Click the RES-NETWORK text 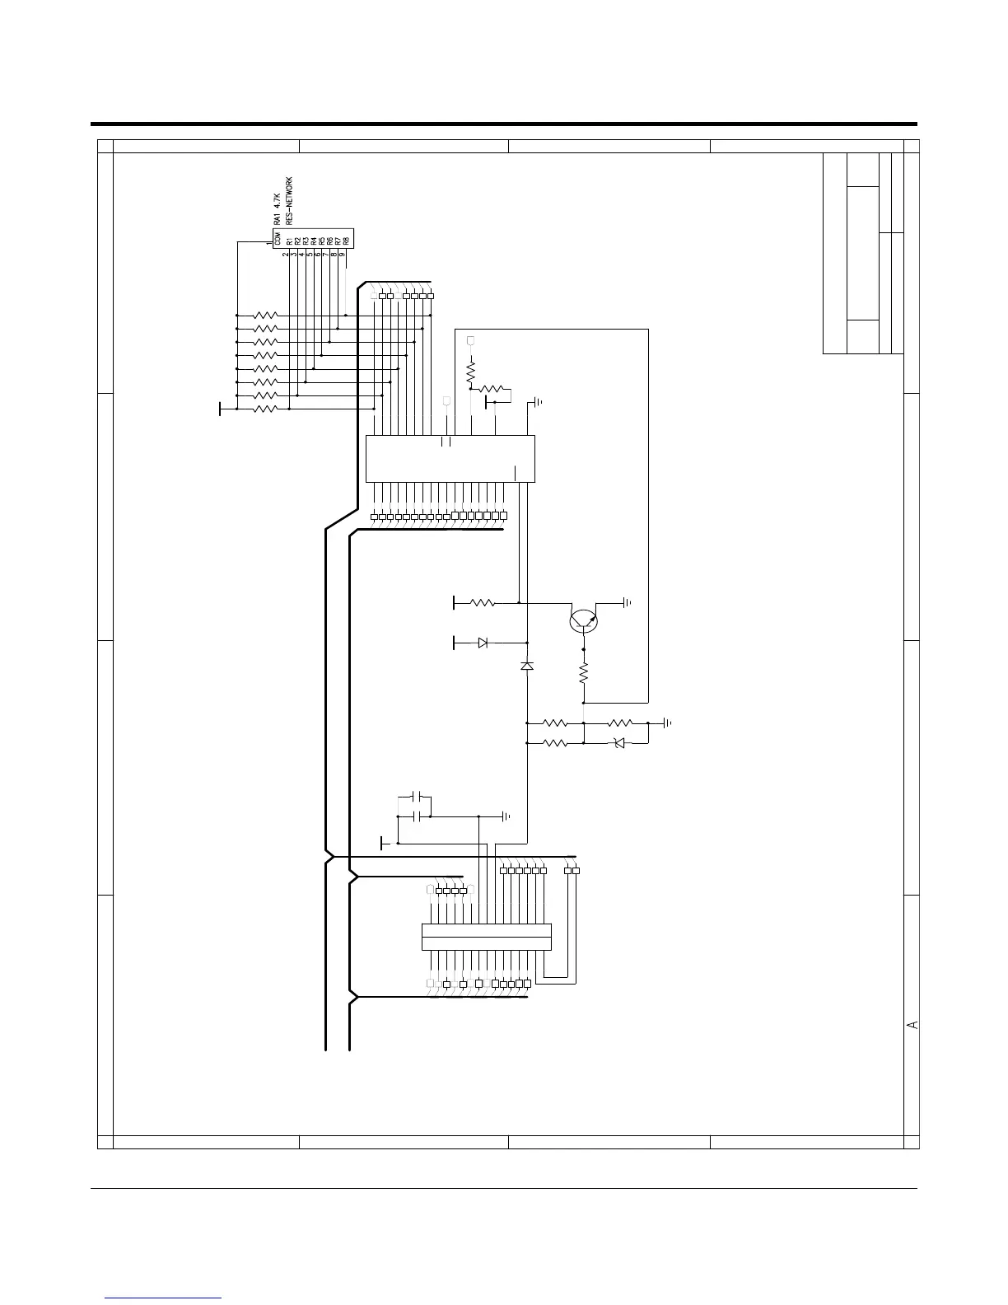(x=289, y=200)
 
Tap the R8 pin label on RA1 (x=347, y=241)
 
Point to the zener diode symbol (x=620, y=743)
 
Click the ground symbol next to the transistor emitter (x=628, y=602)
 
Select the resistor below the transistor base (x=583, y=675)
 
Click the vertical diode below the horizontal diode (x=527, y=665)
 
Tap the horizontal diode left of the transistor (x=483, y=643)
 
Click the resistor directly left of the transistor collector (x=482, y=603)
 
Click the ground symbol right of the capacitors (x=506, y=816)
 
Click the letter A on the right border (x=912, y=1024)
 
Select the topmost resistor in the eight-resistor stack (x=266, y=315)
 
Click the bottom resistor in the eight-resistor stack (x=266, y=409)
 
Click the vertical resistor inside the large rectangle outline (x=471, y=373)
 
